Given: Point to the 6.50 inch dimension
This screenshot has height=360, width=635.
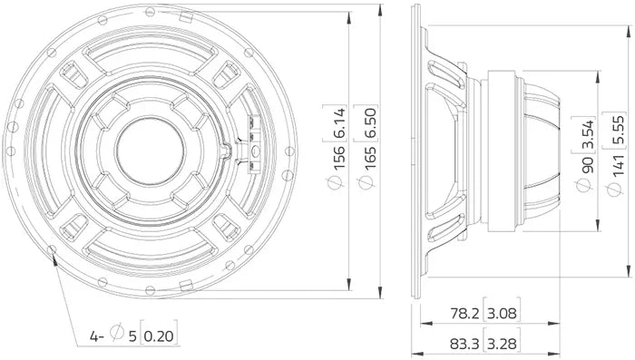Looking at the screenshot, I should point(370,122).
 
